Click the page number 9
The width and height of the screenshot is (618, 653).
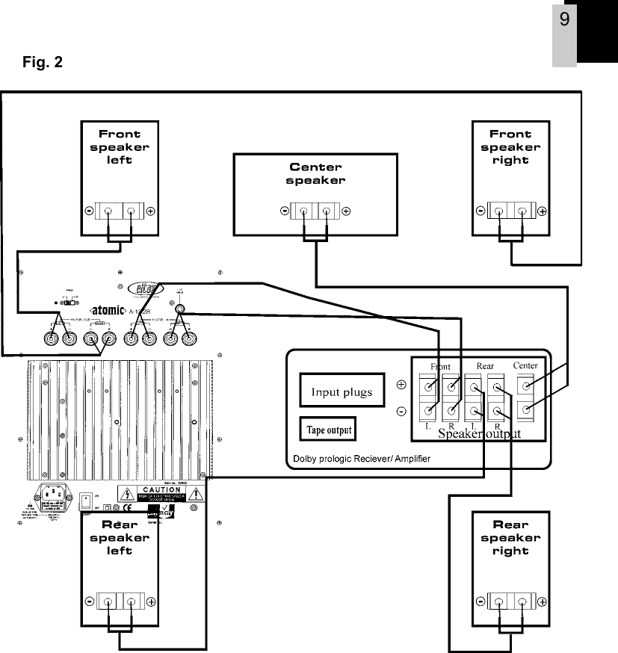564,19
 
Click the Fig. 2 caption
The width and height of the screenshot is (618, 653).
46,62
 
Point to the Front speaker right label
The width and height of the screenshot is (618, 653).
510,147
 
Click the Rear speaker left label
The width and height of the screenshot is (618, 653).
120,537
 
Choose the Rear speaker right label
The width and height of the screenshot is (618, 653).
510,537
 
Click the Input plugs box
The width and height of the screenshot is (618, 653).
342,392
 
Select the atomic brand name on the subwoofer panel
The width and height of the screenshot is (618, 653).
112,308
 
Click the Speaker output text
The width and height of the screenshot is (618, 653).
478,433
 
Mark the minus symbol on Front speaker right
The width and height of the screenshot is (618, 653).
480,211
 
